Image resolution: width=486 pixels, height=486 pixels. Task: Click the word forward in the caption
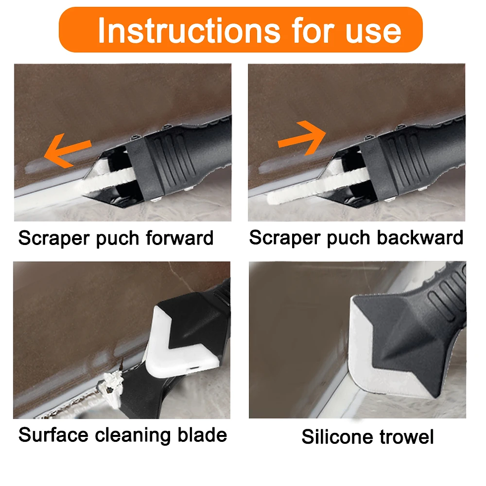coord(180,238)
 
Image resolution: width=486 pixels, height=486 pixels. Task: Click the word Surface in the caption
coord(53,435)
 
